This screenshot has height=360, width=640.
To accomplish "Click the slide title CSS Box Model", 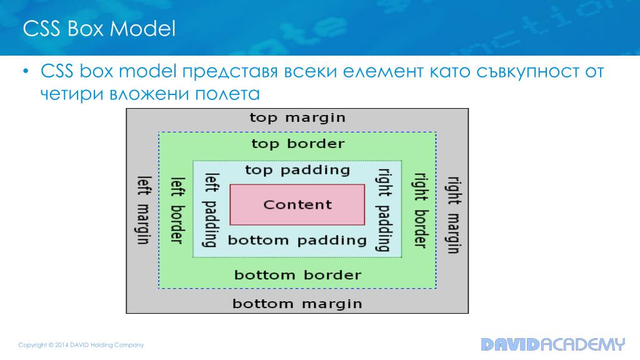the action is (x=99, y=29).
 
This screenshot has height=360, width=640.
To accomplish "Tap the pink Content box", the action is (x=297, y=204).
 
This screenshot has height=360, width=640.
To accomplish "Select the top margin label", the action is (x=297, y=117).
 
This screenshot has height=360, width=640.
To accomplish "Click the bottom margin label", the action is (x=297, y=304).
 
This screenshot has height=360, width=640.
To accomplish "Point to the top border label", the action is (x=297, y=144).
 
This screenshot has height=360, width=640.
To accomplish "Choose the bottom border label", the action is (x=297, y=275).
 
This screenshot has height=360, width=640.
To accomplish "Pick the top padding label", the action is (x=297, y=170).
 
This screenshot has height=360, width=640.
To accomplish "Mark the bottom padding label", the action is (x=297, y=240).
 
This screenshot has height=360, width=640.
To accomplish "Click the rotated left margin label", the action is (x=143, y=209).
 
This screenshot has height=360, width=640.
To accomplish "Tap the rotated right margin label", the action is (x=453, y=214).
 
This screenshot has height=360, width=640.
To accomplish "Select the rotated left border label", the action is (x=177, y=209).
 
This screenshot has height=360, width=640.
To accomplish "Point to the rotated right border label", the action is (x=419, y=211).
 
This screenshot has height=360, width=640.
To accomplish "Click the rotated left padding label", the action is (x=211, y=209).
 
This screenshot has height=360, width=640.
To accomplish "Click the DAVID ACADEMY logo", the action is (x=552, y=344).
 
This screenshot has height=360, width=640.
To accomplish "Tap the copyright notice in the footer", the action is (x=81, y=345).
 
